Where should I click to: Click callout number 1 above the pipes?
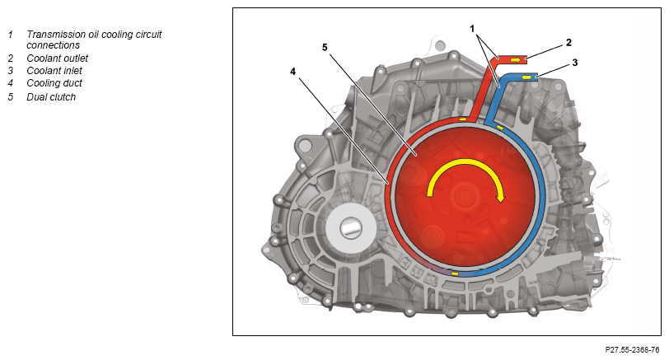472,29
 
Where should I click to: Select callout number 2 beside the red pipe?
568,42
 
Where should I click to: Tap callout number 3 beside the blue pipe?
575,63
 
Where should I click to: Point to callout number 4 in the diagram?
292,72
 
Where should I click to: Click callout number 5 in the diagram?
325,47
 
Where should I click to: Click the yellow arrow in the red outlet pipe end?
516,59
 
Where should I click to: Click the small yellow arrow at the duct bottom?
455,274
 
